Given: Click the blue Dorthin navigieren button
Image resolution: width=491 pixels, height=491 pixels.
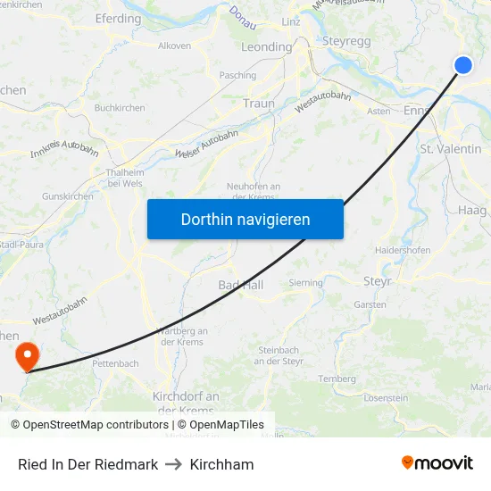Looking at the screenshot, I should coord(245,219).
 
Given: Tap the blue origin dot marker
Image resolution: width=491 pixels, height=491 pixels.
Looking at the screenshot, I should coord(463,64).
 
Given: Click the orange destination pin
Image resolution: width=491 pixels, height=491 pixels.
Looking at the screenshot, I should coord(28,356).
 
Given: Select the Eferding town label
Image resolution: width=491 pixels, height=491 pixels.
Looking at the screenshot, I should coord(118,18).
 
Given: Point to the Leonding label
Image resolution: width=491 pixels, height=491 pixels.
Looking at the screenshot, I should coord(267,46).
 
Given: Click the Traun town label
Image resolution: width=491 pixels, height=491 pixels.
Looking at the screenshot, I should coord(259,104).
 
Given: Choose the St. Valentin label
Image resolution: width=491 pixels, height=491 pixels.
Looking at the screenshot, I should coord(450,149).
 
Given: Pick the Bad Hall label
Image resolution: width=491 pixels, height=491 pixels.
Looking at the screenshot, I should coord(240,285).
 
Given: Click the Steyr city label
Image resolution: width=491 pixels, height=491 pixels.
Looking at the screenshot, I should coord(377,282).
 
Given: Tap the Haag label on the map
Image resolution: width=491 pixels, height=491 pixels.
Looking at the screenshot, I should coord(471,210).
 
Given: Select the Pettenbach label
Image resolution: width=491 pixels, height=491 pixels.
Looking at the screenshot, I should coord(115,363).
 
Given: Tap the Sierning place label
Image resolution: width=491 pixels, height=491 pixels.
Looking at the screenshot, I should coord(305,282).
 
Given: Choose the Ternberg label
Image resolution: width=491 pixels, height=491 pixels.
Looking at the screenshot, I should coord(337,379).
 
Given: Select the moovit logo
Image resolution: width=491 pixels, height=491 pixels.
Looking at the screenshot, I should coord(437,463).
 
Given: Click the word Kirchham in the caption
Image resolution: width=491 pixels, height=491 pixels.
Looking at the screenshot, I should coord(221,464).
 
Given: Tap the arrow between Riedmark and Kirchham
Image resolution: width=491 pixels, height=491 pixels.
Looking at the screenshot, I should coord(174,464).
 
